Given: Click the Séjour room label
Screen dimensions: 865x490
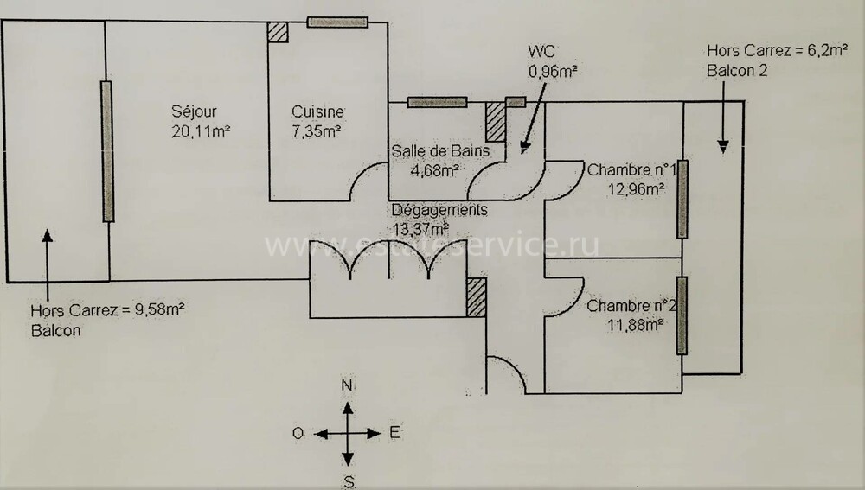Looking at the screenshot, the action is (194, 111).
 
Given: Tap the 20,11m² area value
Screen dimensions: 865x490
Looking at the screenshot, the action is (201, 131).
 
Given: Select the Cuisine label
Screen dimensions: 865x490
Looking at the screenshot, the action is (317, 111).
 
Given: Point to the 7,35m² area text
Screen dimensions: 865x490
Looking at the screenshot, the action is (316, 131).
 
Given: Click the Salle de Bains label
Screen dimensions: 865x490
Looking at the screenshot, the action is (440, 151).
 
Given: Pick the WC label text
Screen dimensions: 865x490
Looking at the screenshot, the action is (541, 51).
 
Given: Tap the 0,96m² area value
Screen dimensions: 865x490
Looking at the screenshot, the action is (553, 71).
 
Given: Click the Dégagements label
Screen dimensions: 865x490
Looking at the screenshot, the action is (439, 210).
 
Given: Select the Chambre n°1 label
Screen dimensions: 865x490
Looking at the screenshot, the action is (631, 169).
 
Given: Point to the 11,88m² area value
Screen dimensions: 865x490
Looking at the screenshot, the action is (635, 325).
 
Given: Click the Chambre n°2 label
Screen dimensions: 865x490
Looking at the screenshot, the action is (631, 306).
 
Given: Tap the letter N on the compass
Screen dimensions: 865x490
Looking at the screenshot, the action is (347, 385).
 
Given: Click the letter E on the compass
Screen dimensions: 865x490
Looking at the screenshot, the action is (394, 433).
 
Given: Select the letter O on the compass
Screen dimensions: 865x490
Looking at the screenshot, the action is (298, 433).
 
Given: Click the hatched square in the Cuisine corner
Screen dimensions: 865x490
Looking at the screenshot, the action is (278, 32).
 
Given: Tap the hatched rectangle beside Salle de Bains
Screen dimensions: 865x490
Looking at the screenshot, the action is (496, 122).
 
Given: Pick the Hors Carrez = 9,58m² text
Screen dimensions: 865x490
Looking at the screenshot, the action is (107, 310).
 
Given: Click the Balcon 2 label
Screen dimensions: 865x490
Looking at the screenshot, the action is (737, 71).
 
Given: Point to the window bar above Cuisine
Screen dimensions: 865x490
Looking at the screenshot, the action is (337, 22).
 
